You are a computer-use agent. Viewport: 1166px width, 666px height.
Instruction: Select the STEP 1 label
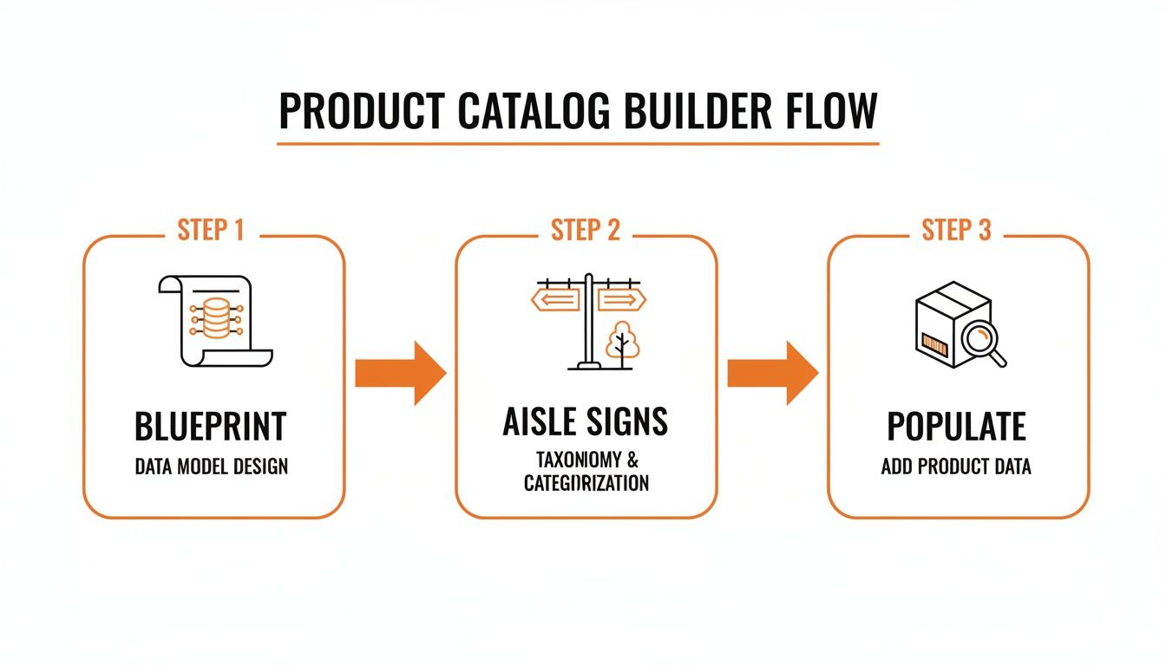pyautogui.click(x=211, y=230)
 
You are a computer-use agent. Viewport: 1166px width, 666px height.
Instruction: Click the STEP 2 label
pyautogui.click(x=586, y=230)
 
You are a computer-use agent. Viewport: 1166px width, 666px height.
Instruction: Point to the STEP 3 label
pyautogui.click(x=957, y=230)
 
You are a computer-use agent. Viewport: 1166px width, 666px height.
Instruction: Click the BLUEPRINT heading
pyautogui.click(x=211, y=427)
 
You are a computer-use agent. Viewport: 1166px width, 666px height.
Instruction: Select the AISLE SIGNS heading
pyautogui.click(x=586, y=421)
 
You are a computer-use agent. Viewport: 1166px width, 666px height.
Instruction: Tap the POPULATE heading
pyautogui.click(x=956, y=427)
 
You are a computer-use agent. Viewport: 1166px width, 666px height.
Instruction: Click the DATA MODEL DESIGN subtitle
pyautogui.click(x=211, y=467)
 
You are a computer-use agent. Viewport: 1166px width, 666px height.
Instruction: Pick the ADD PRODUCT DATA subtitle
pyautogui.click(x=956, y=467)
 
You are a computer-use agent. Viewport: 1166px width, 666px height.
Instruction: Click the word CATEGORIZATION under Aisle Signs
pyautogui.click(x=586, y=483)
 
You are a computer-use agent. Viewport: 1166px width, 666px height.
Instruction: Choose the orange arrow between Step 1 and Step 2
pyautogui.click(x=400, y=373)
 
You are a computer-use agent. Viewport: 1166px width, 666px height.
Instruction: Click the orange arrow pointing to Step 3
pyautogui.click(x=772, y=373)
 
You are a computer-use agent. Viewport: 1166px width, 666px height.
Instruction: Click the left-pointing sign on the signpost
pyautogui.click(x=555, y=300)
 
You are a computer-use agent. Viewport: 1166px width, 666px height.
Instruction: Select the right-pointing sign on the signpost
pyautogui.click(x=621, y=300)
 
